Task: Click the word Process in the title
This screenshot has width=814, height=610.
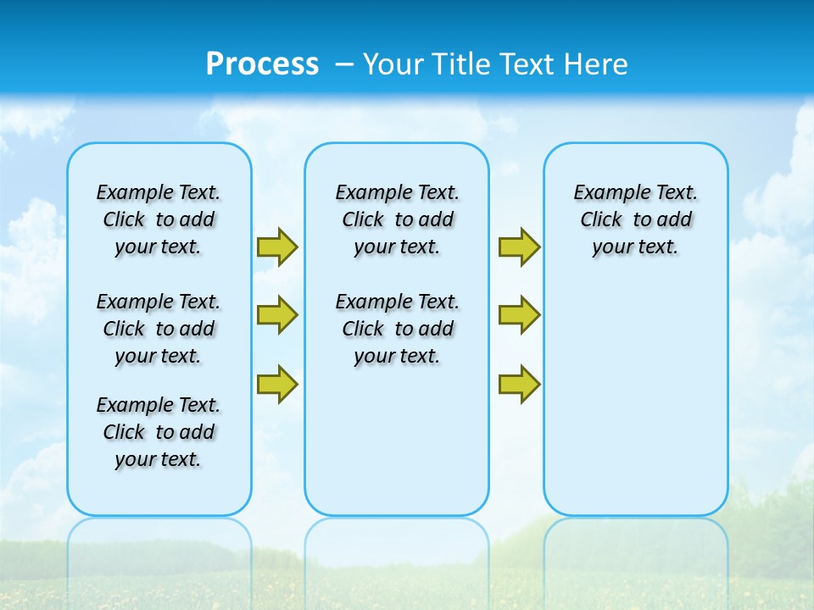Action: [x=262, y=64]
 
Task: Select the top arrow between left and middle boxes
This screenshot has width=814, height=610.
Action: [x=276, y=247]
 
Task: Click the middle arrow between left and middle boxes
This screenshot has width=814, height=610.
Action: [x=276, y=315]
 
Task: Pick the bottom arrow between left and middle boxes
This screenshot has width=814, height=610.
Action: [x=276, y=384]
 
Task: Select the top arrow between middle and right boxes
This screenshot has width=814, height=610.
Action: [x=519, y=247]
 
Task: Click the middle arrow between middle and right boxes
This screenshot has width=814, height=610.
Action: [x=519, y=315]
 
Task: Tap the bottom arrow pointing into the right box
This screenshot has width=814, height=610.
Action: [x=519, y=384]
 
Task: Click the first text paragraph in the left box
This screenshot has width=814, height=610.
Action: [x=159, y=219]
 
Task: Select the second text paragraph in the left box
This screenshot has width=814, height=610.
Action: [x=159, y=329]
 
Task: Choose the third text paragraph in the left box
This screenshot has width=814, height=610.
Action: [x=159, y=432]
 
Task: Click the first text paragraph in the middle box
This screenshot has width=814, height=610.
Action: [x=397, y=219]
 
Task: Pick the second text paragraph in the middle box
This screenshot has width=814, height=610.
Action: [x=397, y=329]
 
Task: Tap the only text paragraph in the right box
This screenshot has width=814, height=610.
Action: [x=636, y=219]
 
